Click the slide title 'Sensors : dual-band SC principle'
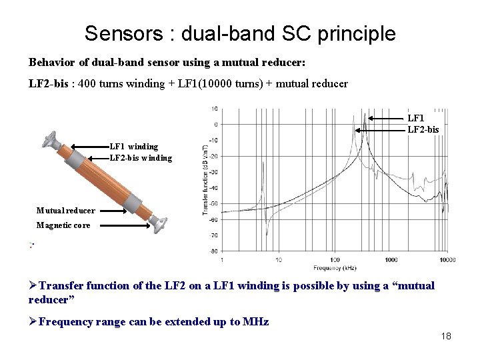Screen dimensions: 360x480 pyautogui.click(x=240, y=33)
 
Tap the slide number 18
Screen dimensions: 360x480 pyautogui.click(x=446, y=336)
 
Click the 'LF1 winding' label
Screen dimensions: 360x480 pyautogui.click(x=134, y=146)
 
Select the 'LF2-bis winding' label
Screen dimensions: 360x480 pyautogui.click(x=141, y=158)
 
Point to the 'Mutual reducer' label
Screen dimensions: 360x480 pyautogui.click(x=65, y=211)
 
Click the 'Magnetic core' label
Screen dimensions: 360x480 pyautogui.click(x=63, y=225)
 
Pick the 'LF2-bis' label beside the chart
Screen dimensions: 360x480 pyautogui.click(x=423, y=129)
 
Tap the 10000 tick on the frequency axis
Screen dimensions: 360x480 pyautogui.click(x=447, y=259)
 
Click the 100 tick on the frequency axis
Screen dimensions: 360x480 pyautogui.click(x=335, y=259)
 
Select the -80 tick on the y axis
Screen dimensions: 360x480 pyautogui.click(x=213, y=251)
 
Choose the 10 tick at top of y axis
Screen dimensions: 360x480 pyautogui.click(x=214, y=109)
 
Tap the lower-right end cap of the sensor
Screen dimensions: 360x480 pyautogui.click(x=159, y=223)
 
